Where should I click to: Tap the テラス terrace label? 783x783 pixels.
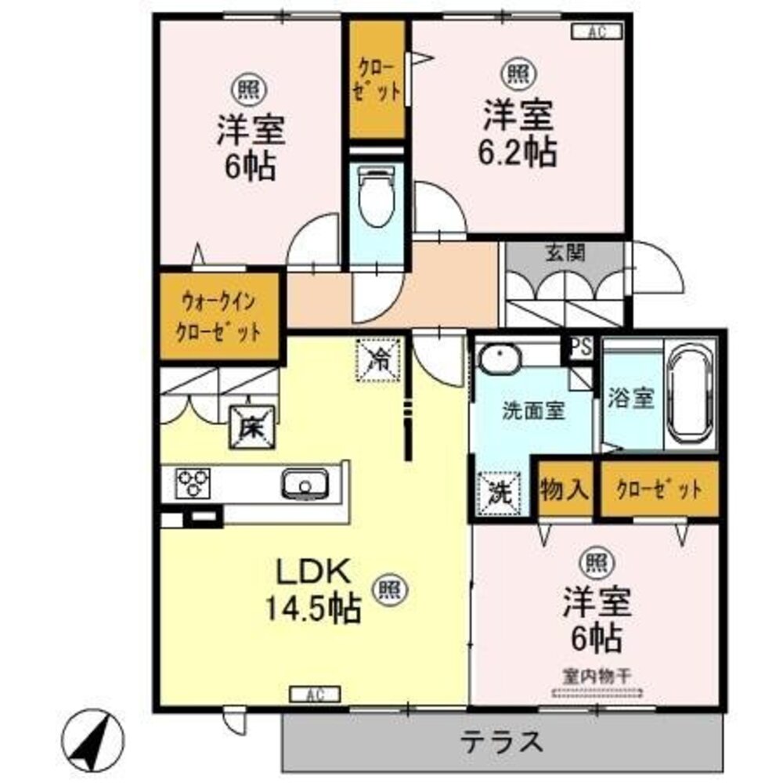pyautogui.click(x=501, y=741)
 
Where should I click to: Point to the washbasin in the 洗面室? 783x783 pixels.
pyautogui.click(x=499, y=361)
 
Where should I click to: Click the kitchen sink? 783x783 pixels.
pyautogui.click(x=305, y=483)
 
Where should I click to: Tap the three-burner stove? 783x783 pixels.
pyautogui.click(x=193, y=482)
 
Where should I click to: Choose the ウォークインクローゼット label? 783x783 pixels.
pyautogui.click(x=220, y=315)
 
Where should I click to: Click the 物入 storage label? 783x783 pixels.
pyautogui.click(x=564, y=490)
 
